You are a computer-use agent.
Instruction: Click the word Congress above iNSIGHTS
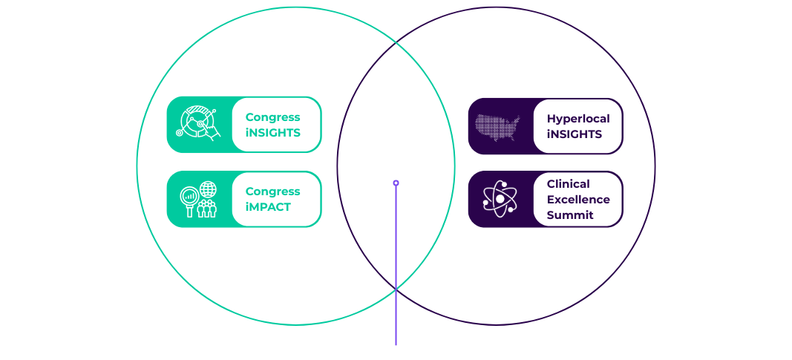(272, 117)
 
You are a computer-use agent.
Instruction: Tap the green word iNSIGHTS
(272, 133)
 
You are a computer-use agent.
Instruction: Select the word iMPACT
(268, 207)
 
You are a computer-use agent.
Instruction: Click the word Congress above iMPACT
(272, 192)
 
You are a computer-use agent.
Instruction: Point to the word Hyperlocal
(578, 120)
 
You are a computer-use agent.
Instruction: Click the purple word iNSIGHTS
(575, 134)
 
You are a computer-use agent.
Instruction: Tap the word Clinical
(569, 184)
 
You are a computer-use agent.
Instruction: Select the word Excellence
(578, 200)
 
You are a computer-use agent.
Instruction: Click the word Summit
(570, 215)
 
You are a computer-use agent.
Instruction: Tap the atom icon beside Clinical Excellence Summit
(500, 199)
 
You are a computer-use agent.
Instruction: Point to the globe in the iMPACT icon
(208, 189)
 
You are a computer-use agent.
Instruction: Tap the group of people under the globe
(206, 209)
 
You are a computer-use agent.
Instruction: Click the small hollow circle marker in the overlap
(396, 183)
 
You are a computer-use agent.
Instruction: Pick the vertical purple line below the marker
(396, 266)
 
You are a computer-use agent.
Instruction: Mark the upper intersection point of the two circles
(396, 43)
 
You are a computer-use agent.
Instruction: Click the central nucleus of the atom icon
(500, 199)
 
